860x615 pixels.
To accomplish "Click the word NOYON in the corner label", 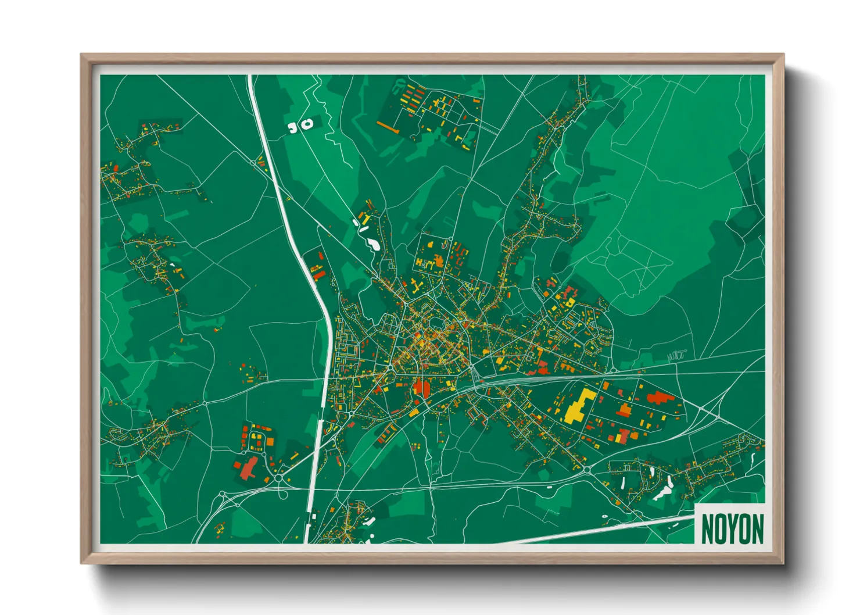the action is (732, 529).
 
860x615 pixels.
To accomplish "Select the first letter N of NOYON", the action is (707, 529).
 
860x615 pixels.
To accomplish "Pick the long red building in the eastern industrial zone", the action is (660, 398).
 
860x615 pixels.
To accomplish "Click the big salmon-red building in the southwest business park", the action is (249, 468).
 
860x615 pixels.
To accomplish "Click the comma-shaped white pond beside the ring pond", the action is (293, 127).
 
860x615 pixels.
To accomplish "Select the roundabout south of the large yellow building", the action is (586, 469).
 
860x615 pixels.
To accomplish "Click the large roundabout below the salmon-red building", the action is (279, 478).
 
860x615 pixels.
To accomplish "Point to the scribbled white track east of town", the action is (676, 353).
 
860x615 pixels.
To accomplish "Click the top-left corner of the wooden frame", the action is (82, 55).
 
